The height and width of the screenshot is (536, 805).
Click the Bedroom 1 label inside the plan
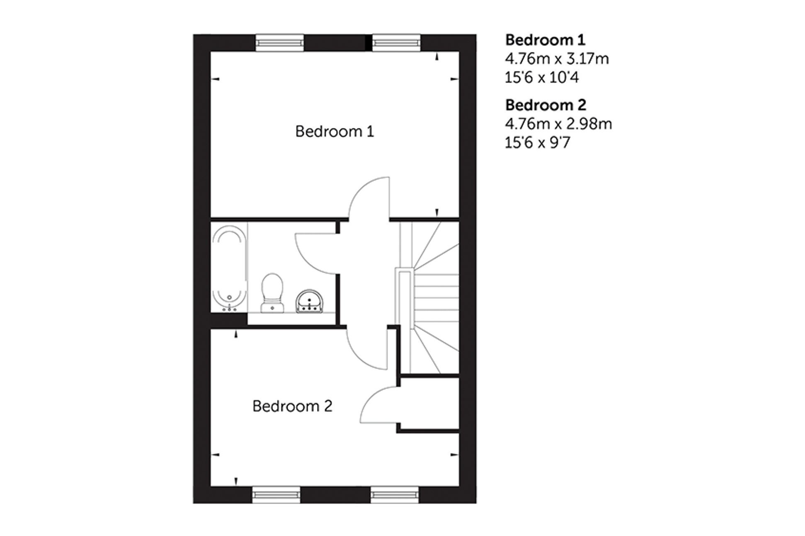tap(335, 131)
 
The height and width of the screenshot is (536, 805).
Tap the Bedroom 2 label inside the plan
tap(292, 406)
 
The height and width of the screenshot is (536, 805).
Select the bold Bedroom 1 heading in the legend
tap(545, 40)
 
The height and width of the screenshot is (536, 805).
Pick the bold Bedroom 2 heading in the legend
tap(546, 105)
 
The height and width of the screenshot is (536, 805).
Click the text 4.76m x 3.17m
tap(557, 59)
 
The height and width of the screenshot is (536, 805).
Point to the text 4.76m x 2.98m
tap(558, 124)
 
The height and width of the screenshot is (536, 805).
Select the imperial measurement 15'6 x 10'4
tap(541, 77)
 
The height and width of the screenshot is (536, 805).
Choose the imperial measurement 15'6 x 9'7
tap(537, 143)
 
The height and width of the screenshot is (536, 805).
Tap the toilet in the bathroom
tap(272, 293)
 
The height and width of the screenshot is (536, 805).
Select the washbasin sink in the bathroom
tap(309, 301)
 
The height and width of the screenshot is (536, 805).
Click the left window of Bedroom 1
tap(279, 43)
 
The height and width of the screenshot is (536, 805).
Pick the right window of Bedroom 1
tap(396, 43)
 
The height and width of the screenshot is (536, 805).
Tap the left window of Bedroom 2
tap(276, 495)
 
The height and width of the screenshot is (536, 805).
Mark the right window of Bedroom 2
tap(395, 495)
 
